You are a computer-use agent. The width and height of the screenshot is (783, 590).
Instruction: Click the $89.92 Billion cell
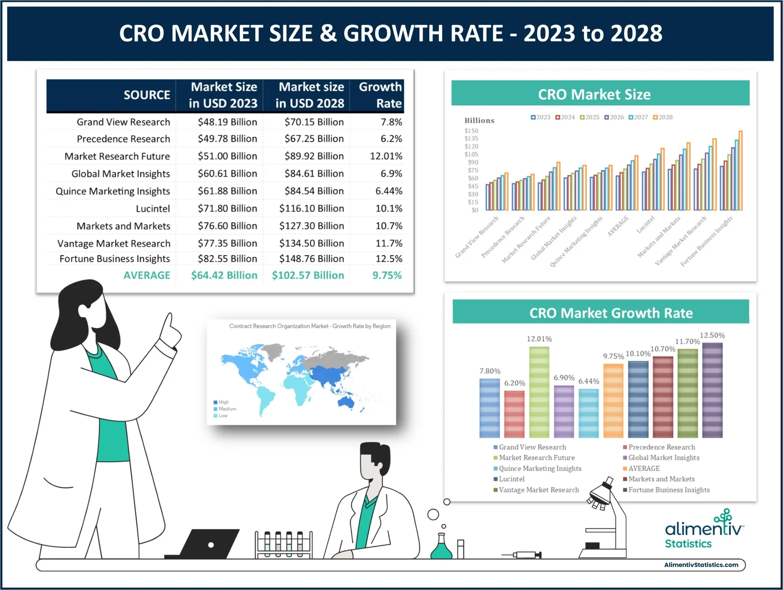[314, 156]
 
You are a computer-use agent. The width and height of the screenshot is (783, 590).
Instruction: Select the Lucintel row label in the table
[153, 209]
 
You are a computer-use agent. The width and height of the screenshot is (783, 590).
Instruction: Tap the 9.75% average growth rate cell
[387, 275]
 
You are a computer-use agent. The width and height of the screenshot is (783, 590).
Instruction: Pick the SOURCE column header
[146, 95]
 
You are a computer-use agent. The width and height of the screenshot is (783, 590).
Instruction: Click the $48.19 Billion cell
[227, 122]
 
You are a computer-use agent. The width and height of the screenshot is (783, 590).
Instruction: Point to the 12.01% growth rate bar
[539, 392]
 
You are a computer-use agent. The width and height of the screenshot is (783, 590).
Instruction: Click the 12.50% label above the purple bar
[712, 336]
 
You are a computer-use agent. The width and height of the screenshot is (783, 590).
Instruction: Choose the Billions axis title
[479, 121]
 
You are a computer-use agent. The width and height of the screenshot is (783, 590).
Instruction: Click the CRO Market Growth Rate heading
[611, 313]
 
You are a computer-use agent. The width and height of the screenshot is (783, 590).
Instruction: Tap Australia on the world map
[346, 402]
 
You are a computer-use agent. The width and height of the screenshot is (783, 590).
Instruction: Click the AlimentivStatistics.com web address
[701, 565]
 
